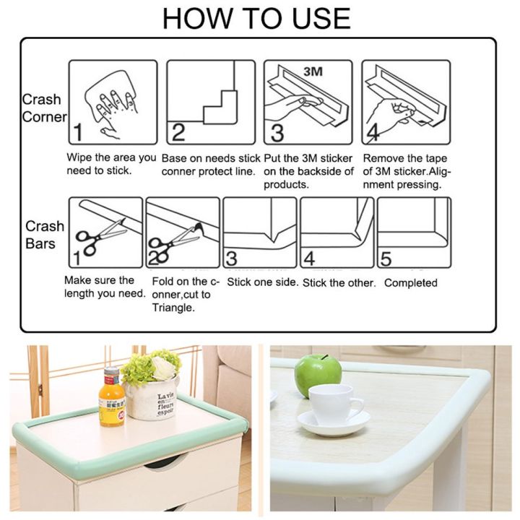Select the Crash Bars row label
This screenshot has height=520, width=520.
(x=45, y=234)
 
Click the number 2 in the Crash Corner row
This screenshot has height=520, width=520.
(x=178, y=131)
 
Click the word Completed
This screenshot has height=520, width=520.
(x=410, y=283)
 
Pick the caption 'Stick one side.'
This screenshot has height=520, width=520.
(x=261, y=282)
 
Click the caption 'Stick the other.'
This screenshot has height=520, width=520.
(x=339, y=283)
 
